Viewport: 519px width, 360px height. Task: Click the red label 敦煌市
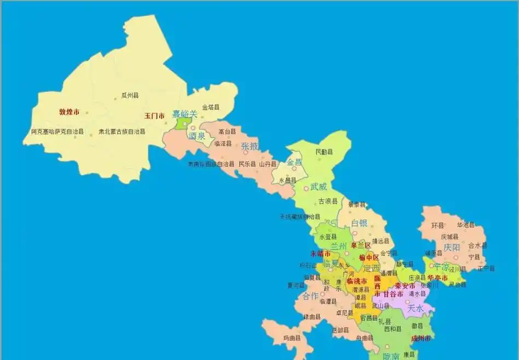69,112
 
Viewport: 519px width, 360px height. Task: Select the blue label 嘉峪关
184,114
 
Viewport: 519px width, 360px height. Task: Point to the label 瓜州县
130,96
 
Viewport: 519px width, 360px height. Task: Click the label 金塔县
211,107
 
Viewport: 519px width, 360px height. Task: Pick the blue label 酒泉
197,136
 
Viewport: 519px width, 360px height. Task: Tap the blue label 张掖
249,146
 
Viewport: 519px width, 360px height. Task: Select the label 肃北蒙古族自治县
122,132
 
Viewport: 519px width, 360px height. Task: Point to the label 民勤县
324,152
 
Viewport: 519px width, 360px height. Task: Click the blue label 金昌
294,162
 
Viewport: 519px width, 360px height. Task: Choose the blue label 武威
319,187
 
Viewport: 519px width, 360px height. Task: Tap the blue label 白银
359,223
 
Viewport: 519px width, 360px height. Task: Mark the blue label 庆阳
452,247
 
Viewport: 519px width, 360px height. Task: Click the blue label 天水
416,309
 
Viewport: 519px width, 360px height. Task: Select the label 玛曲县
291,338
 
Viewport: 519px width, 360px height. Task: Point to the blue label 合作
311,296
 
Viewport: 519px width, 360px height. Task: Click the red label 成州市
421,339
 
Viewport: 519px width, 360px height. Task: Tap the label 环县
438,225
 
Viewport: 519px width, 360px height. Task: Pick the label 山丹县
268,164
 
